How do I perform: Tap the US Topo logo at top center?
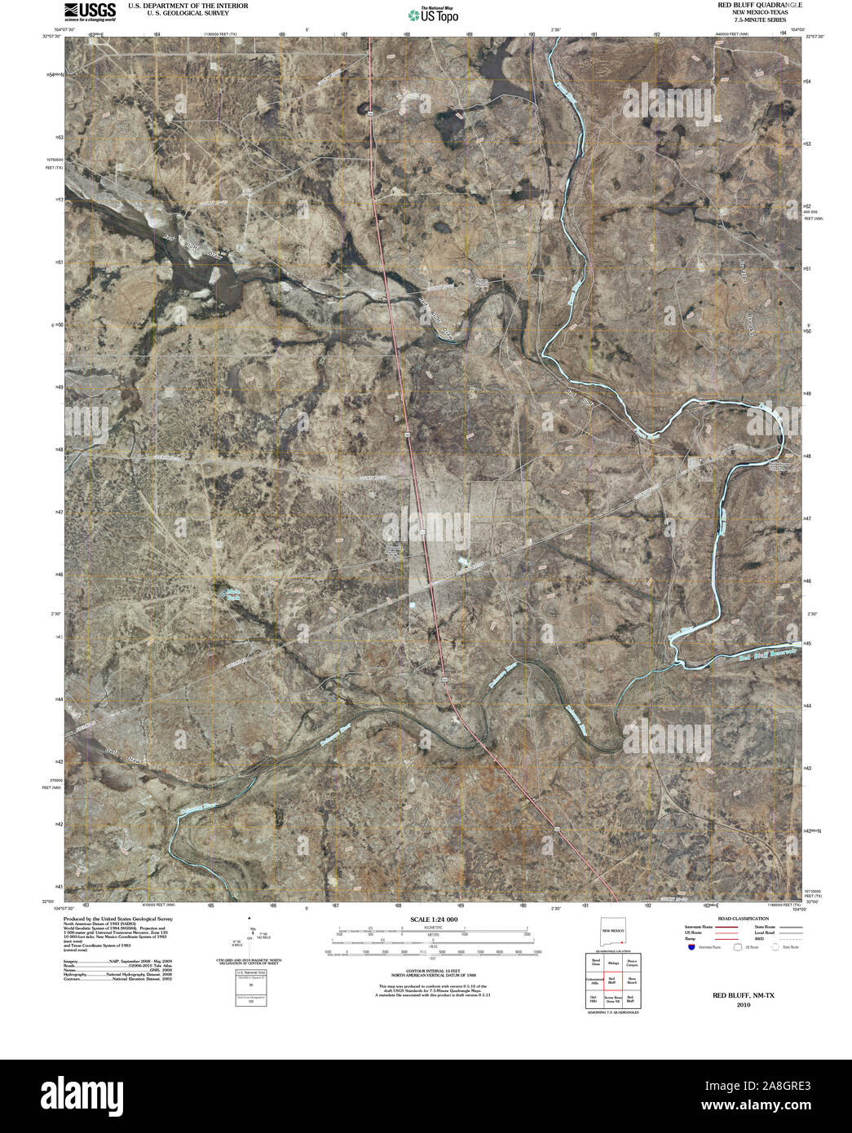433,14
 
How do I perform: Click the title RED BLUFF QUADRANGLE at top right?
748,5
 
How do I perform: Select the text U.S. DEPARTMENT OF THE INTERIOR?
188,6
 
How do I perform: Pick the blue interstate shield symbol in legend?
691,947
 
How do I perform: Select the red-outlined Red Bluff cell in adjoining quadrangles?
611,981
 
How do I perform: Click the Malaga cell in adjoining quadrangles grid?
611,963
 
